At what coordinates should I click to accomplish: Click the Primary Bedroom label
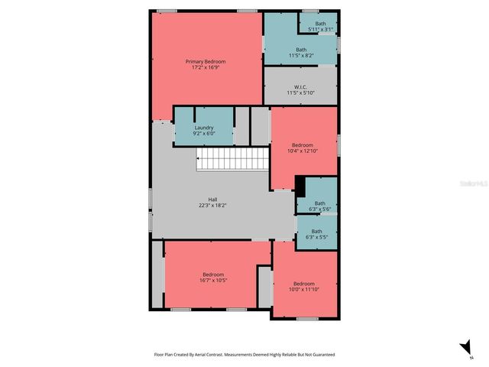tap(206, 61)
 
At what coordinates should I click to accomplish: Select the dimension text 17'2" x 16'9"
tap(206, 67)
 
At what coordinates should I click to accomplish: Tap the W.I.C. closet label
tap(300, 87)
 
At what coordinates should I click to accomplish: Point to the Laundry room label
tap(204, 128)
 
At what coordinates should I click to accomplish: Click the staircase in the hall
tap(232, 161)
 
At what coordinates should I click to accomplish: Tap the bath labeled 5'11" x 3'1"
tap(319, 27)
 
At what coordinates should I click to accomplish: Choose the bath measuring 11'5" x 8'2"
tap(301, 52)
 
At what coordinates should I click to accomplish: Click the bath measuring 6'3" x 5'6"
tap(319, 206)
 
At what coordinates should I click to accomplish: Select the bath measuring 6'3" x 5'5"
tap(316, 233)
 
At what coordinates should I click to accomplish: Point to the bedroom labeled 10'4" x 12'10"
tap(303, 148)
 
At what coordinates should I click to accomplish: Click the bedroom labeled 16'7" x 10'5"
tap(213, 277)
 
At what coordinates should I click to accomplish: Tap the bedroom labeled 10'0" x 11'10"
tap(304, 286)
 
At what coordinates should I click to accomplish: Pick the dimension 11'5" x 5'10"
tap(300, 93)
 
